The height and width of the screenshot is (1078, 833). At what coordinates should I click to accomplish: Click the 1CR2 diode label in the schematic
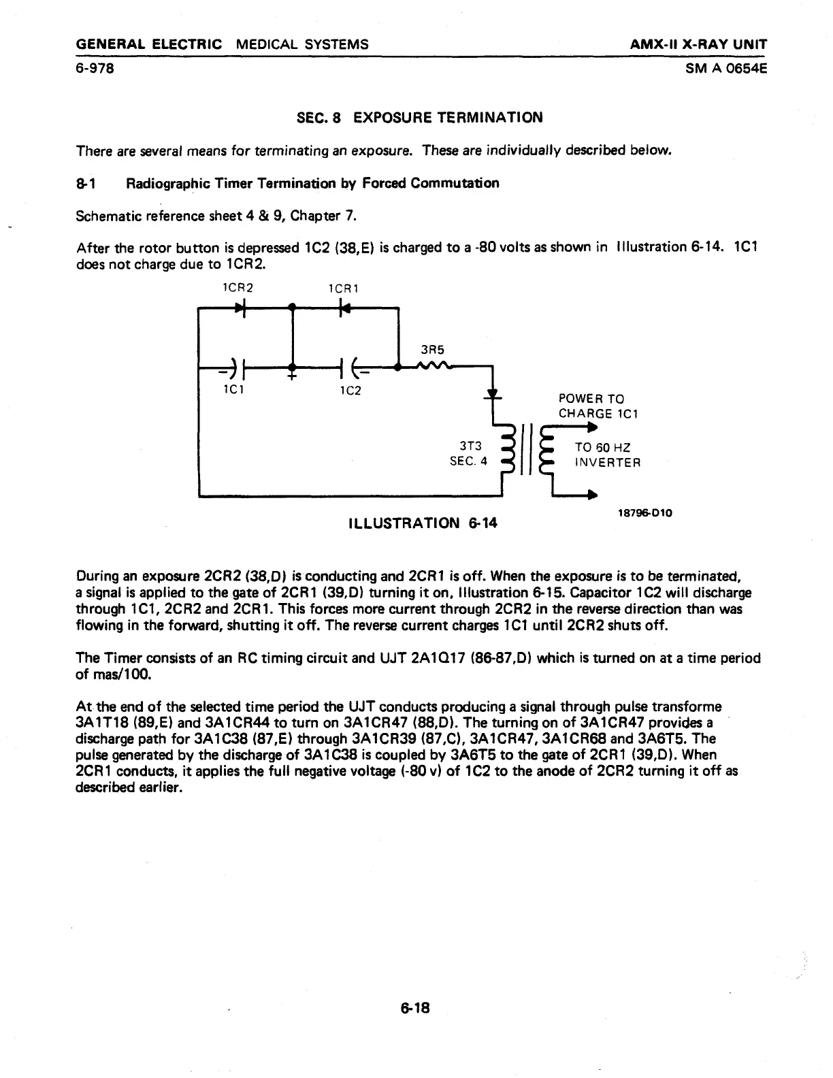tap(238, 287)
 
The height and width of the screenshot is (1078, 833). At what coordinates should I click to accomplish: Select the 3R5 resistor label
tap(432, 350)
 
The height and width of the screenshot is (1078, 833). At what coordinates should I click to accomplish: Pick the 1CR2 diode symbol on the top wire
tap(240, 308)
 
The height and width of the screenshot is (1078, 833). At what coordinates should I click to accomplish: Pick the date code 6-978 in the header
tap(95, 68)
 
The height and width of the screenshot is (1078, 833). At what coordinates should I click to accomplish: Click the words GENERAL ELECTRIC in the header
tap(149, 45)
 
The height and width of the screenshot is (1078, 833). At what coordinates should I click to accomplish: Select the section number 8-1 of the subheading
tap(84, 183)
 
